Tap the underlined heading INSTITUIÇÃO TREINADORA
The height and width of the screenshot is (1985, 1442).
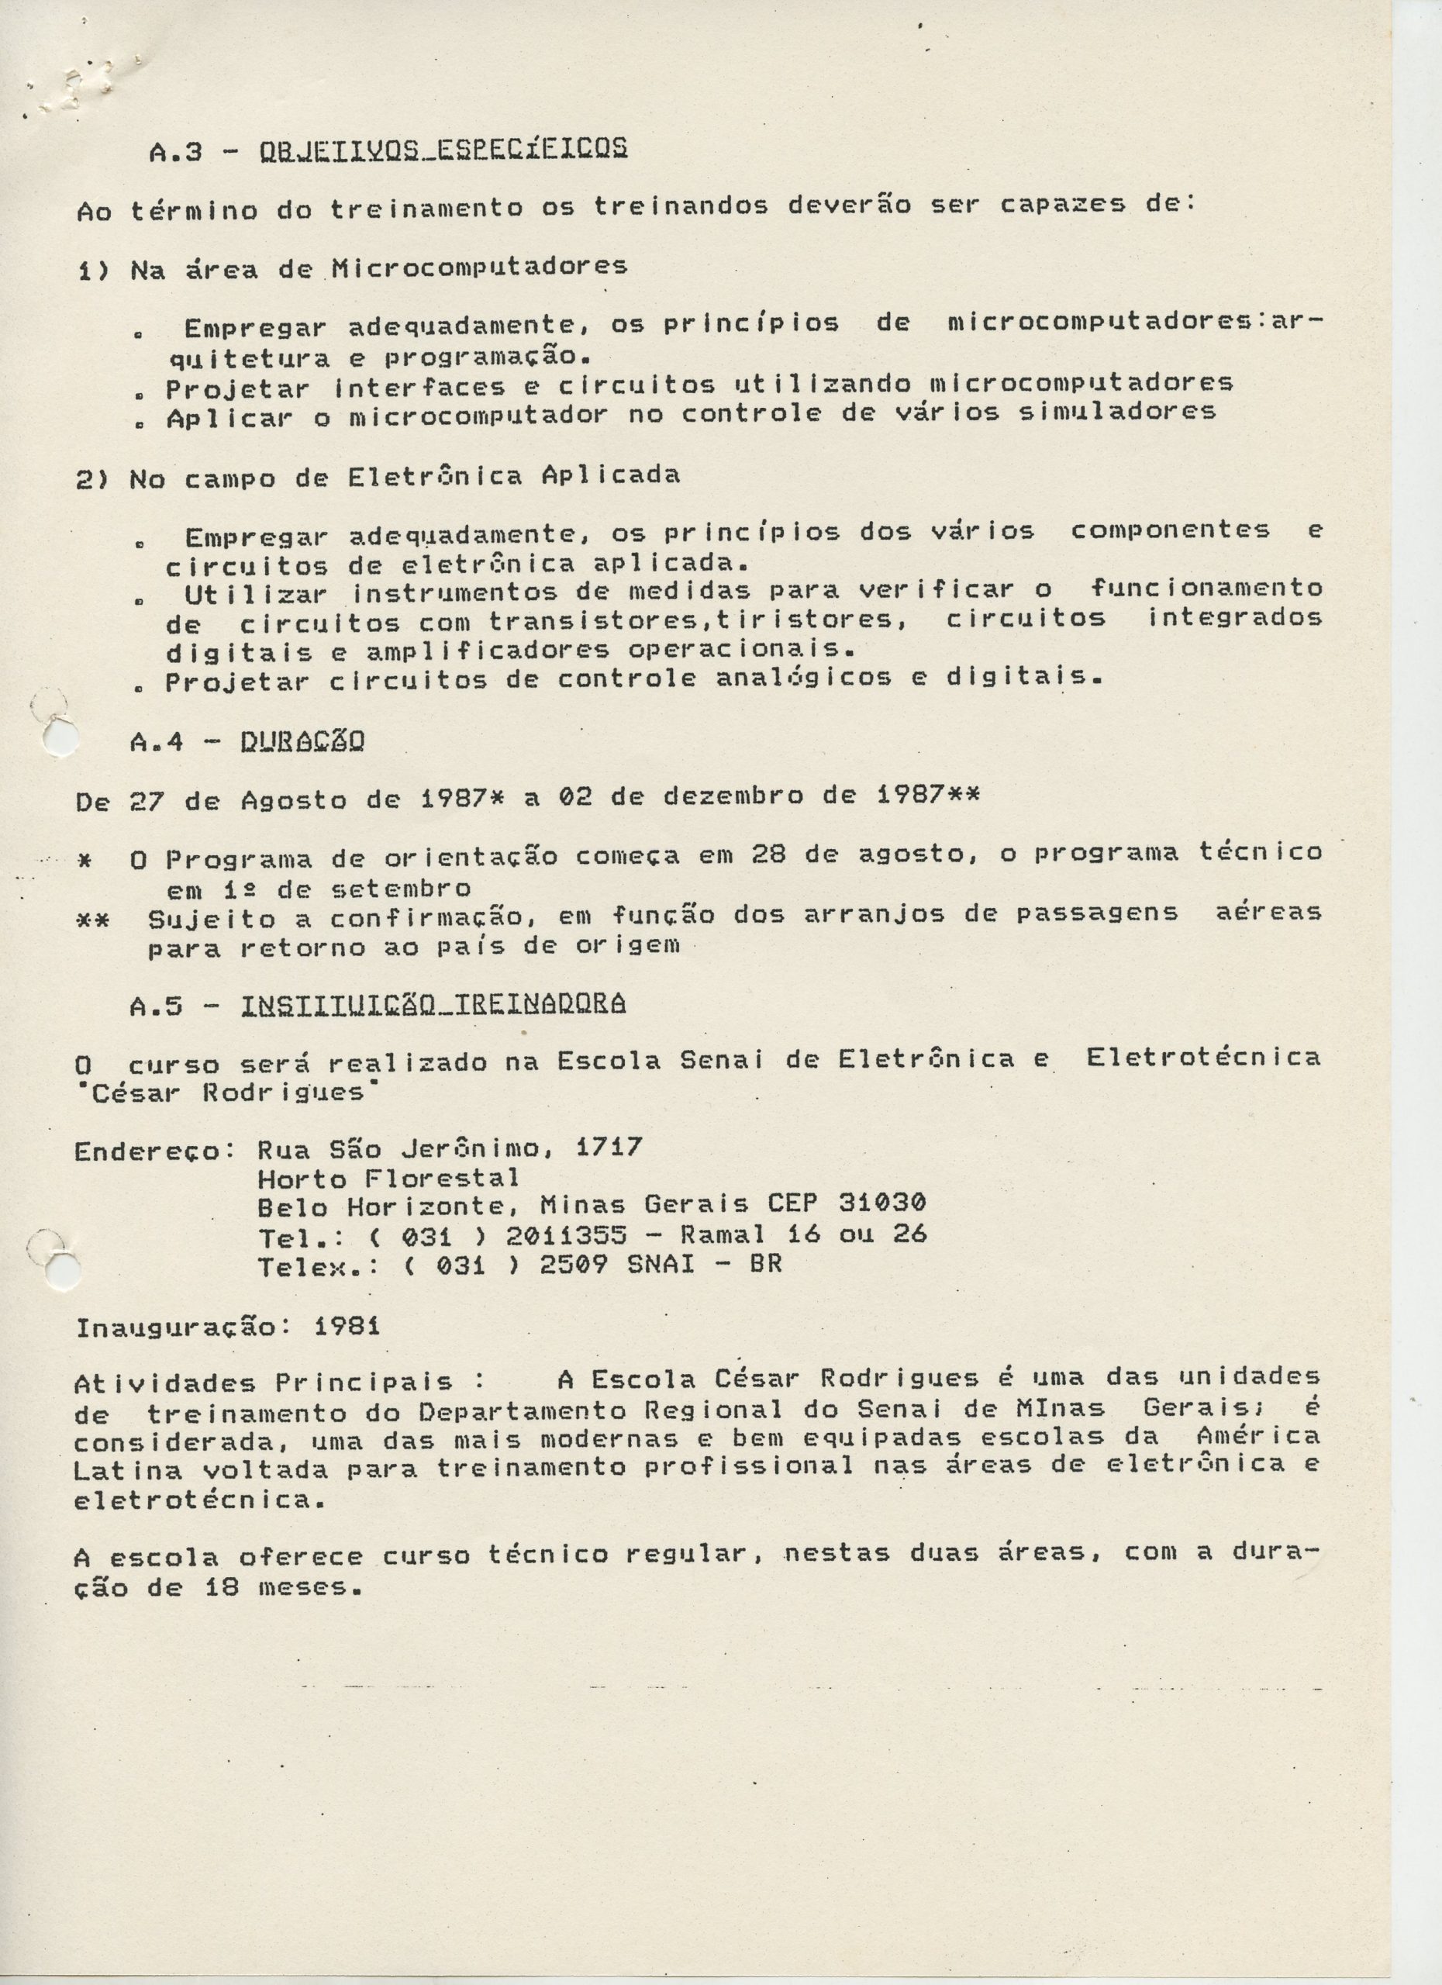click(433, 1006)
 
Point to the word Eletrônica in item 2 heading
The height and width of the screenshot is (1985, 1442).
click(435, 476)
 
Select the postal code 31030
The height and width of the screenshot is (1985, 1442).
click(882, 1203)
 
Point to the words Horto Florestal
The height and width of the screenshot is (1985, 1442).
click(388, 1176)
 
